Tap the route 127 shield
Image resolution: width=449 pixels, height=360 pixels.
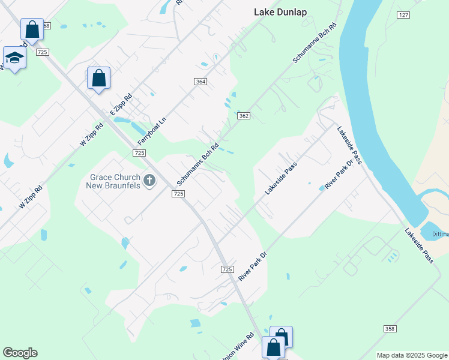pyautogui.click(x=403, y=14)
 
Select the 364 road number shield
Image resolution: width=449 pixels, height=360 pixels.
pyautogui.click(x=200, y=82)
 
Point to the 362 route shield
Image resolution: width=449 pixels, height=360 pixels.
pyautogui.click(x=243, y=116)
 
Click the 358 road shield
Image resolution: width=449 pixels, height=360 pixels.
pyautogui.click(x=390, y=329)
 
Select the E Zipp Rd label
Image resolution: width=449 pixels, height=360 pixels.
pyautogui.click(x=121, y=105)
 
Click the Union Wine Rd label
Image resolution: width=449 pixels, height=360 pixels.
pyautogui.click(x=238, y=347)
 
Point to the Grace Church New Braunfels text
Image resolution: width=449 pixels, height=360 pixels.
pyautogui.click(x=115, y=181)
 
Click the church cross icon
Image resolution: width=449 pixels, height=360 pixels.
pyautogui.click(x=149, y=180)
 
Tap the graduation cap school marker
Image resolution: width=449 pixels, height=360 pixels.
pyautogui.click(x=14, y=58)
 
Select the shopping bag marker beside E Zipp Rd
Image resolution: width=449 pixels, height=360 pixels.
pyautogui.click(x=98, y=78)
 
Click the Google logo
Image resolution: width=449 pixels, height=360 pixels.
pyautogui.click(x=20, y=353)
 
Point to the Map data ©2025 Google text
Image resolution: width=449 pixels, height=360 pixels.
pyautogui.click(x=412, y=355)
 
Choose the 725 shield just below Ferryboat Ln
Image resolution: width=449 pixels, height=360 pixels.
pyautogui.click(x=139, y=154)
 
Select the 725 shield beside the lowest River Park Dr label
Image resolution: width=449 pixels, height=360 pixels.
pyautogui.click(x=227, y=269)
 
